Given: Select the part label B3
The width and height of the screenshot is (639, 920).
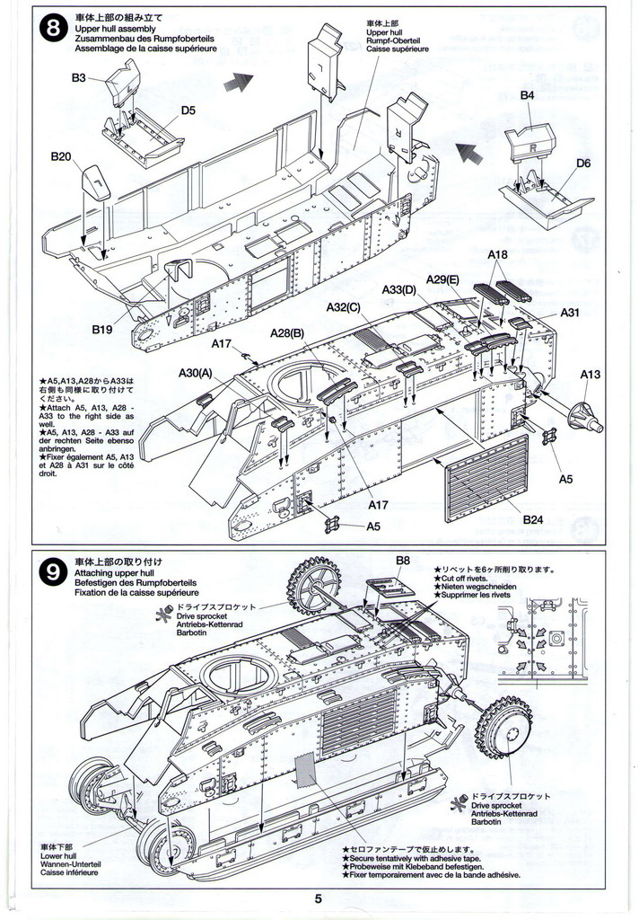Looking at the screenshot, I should (79, 78).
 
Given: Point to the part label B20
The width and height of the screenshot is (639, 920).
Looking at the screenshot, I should (61, 155).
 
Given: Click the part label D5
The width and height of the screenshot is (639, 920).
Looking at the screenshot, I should (188, 111).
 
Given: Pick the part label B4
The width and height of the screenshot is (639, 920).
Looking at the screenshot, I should (527, 95).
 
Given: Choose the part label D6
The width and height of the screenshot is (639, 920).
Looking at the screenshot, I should (583, 163).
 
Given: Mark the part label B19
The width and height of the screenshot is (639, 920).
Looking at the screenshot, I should (101, 329).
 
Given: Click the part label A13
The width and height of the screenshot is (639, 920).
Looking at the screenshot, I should (591, 374).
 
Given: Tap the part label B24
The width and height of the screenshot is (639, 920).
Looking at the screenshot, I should (533, 518).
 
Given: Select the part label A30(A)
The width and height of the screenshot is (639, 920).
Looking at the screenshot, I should (195, 373).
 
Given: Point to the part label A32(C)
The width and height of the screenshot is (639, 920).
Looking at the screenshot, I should (342, 306).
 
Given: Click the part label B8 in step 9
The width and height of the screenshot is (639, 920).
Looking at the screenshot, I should (403, 560).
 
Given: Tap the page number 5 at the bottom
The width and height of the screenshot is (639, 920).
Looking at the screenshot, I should (318, 898).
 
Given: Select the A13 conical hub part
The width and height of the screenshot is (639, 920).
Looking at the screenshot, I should (584, 415).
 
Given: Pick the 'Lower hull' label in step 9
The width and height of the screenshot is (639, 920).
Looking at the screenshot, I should (57, 855).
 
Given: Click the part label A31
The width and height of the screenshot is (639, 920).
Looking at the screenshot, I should (571, 313).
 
